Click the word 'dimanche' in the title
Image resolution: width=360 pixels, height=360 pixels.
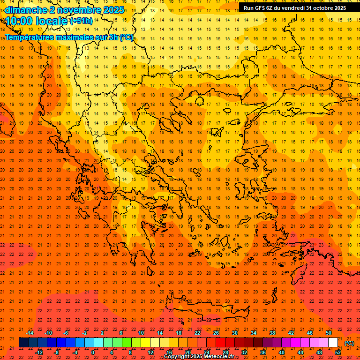tap(26, 10)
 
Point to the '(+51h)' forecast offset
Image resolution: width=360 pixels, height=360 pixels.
tap(81, 21)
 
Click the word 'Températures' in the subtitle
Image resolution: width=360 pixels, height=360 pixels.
tap(32, 37)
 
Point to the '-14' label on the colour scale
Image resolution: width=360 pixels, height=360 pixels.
tap(30, 333)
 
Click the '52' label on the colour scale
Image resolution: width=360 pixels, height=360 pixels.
tap(338, 352)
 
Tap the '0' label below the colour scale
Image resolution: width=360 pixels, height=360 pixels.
tap(93, 352)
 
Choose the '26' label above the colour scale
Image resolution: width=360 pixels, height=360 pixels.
tap(216, 333)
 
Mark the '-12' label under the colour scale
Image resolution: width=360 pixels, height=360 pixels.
tap(39, 352)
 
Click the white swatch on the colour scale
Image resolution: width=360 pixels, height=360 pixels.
tap(333, 343)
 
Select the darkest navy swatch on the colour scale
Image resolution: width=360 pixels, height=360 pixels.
tap(23, 343)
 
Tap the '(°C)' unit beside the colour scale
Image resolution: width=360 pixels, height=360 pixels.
tap(349, 343)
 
